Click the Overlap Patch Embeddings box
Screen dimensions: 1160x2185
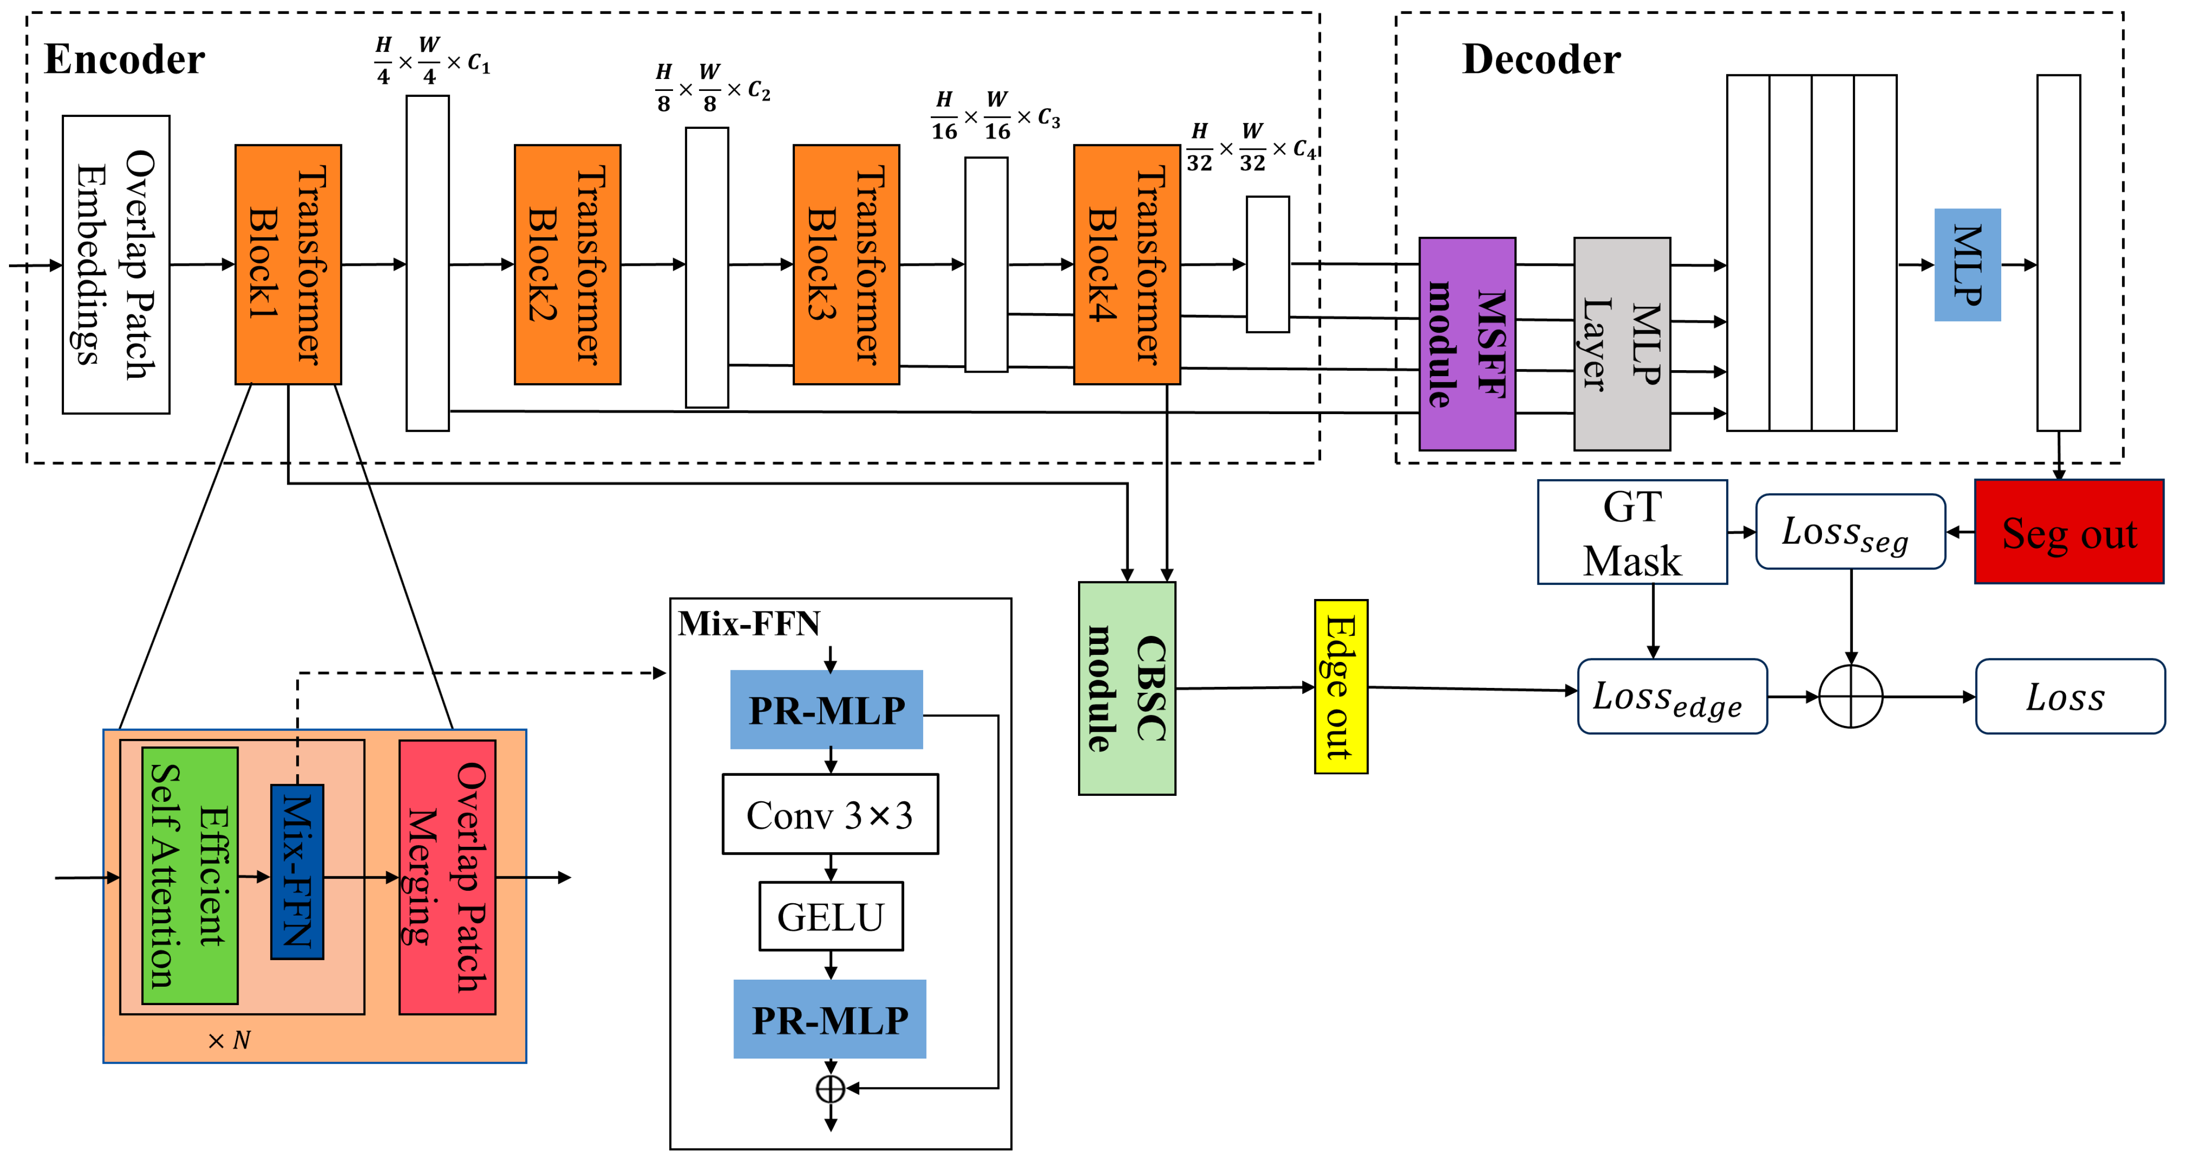pos(116,265)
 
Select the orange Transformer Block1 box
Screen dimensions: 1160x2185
pos(289,265)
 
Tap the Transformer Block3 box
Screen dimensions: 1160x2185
pos(846,265)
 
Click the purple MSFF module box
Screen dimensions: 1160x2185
pos(1466,344)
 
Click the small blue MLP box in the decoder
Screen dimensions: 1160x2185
pos(1967,265)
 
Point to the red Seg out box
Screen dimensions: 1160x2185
pos(2068,532)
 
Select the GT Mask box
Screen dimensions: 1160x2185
pos(1631,532)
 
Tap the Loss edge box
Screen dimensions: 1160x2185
pos(1671,696)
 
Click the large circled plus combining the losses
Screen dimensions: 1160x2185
pos(1851,696)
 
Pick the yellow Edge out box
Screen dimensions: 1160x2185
pos(1340,686)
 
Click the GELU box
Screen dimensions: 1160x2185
pos(830,916)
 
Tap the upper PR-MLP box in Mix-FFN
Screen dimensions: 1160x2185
pos(826,709)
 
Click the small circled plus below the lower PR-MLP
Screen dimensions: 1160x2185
pos(830,1089)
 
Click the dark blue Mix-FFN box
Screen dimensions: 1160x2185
pos(297,871)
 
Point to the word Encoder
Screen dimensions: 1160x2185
pos(125,59)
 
